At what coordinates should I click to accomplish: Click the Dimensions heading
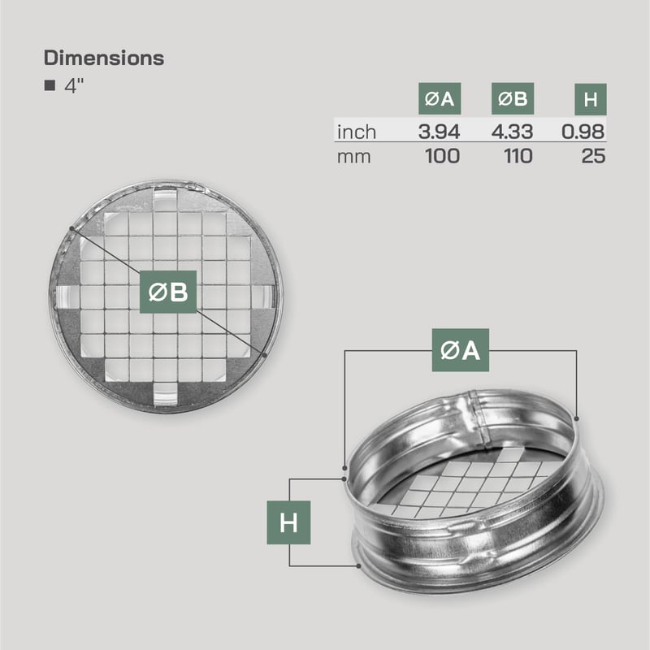click(104, 58)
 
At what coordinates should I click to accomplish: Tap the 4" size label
click(74, 85)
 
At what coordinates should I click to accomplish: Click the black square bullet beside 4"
click(50, 85)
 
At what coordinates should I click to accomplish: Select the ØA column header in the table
click(440, 98)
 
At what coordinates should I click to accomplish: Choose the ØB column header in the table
click(513, 98)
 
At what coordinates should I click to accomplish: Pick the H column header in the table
click(591, 99)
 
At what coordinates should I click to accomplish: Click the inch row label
click(357, 132)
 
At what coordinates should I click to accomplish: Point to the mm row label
click(353, 157)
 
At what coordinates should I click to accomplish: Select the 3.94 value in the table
click(439, 132)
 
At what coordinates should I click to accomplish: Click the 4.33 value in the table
click(513, 132)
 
